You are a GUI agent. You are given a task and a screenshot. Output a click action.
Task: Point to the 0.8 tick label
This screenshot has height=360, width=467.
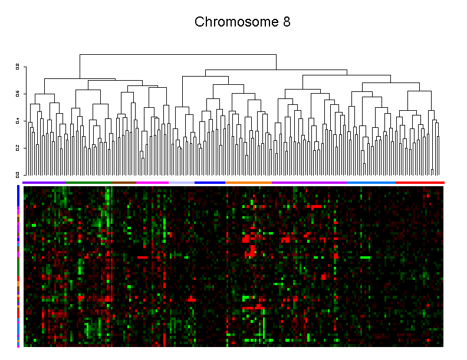[18, 67]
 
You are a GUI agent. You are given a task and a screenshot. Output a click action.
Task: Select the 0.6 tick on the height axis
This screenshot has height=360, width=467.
[18, 94]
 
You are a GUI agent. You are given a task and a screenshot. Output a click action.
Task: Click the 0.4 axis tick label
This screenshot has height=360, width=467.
[18, 121]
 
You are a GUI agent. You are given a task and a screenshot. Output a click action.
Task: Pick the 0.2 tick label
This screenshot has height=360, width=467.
[18, 148]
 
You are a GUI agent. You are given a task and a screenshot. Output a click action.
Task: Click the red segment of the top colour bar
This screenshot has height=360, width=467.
[420, 183]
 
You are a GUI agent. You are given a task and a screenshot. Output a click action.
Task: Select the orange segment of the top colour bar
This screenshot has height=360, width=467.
[248, 183]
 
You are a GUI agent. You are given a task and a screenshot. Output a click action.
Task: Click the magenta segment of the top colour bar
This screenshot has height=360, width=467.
[152, 183]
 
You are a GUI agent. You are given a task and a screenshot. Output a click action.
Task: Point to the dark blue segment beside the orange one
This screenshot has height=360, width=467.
[209, 183]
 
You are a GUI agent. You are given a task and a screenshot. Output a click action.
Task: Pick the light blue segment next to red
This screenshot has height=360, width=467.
[371, 183]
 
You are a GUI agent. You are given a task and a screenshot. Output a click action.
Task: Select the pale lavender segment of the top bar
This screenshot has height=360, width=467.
[181, 183]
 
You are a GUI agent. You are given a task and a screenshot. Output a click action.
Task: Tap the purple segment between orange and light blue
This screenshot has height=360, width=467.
[309, 183]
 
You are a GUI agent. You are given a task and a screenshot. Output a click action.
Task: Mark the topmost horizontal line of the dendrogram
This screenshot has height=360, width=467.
[177, 54]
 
